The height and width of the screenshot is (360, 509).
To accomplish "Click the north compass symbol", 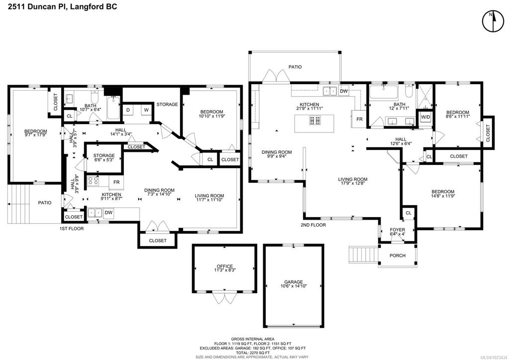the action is click(x=493, y=22).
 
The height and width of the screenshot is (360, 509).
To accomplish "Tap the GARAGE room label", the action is click(x=294, y=282).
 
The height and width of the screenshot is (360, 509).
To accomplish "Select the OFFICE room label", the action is click(x=225, y=266).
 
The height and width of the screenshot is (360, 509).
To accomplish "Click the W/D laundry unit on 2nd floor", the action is click(x=425, y=117).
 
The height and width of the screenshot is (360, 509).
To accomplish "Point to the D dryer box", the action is click(x=128, y=110).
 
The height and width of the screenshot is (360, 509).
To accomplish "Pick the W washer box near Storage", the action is click(x=146, y=110).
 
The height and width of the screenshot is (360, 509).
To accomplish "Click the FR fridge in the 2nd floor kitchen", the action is click(x=359, y=119).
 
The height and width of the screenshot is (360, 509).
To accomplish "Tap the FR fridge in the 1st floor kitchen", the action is click(x=116, y=182).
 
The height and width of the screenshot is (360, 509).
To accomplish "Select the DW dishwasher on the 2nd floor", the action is click(x=344, y=91).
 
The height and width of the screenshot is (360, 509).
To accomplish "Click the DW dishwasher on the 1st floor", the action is click(x=109, y=213).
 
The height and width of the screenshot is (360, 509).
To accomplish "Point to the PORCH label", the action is click(x=398, y=255).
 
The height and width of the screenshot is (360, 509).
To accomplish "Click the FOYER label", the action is click(x=398, y=230).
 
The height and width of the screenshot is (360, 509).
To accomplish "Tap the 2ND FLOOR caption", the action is click(x=313, y=225).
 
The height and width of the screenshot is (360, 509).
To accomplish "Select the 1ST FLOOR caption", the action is click(x=72, y=229).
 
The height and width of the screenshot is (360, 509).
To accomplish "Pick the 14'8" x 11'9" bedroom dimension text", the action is click(x=443, y=196).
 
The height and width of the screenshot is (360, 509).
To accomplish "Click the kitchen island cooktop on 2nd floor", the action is click(x=314, y=120).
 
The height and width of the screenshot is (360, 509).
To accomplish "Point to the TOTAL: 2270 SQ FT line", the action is click(x=253, y=353).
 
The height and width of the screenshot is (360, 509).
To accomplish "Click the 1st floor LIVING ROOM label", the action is click(x=209, y=196).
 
